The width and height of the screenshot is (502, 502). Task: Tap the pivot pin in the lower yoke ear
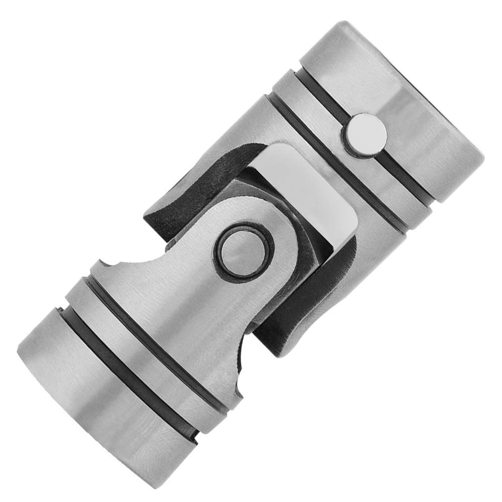click(x=244, y=248)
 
